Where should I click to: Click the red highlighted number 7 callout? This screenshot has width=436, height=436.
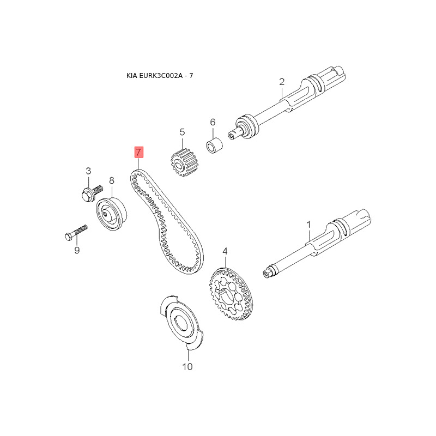(139, 152)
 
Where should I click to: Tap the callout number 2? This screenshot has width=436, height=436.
(282, 82)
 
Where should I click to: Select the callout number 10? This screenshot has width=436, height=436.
(187, 366)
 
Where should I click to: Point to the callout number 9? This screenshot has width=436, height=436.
(77, 250)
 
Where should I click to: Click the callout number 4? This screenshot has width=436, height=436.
(225, 251)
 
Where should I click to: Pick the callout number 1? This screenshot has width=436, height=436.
(308, 225)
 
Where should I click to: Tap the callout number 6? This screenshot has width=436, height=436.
(213, 122)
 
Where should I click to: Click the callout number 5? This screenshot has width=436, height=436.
(182, 132)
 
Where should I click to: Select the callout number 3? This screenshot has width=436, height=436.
(88, 171)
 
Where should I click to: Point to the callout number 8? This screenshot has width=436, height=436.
(112, 180)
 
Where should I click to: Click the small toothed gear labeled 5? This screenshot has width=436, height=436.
(184, 163)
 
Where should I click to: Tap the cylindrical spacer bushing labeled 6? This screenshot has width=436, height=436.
(214, 144)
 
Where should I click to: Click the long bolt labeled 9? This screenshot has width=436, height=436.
(76, 233)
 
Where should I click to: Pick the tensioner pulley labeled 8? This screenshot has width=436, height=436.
(111, 214)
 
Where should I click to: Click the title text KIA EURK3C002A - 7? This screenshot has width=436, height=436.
(160, 75)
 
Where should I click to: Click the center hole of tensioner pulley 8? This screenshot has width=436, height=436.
(105, 214)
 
